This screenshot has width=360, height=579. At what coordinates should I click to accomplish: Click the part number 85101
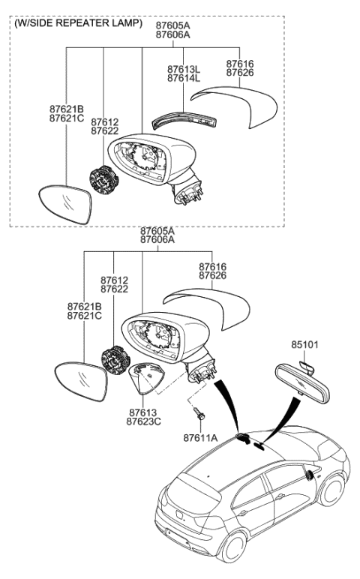pyautogui.click(x=304, y=344)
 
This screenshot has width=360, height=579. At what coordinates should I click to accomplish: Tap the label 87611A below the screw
pyautogui.click(x=200, y=438)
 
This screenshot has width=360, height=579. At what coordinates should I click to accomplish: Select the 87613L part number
pyautogui.click(x=184, y=69)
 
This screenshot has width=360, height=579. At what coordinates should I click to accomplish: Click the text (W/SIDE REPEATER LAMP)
pyautogui.click(x=78, y=23)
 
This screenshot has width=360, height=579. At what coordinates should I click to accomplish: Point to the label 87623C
pyautogui.click(x=144, y=421)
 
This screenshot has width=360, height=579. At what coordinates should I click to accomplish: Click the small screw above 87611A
pyautogui.click(x=199, y=413)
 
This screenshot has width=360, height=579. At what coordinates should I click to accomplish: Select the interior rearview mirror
pyautogui.click(x=302, y=383)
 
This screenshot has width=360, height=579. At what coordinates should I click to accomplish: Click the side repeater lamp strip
pyautogui.click(x=185, y=121)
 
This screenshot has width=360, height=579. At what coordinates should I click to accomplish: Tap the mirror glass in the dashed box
pyautogui.click(x=65, y=203)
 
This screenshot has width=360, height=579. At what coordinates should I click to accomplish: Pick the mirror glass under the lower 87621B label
pyautogui.click(x=81, y=381)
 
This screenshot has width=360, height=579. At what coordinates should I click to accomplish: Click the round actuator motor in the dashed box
pyautogui.click(x=104, y=180)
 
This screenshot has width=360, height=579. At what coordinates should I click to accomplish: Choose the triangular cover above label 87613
pyautogui.click(x=146, y=378)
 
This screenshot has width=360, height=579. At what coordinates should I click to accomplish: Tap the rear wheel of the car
pyautogui.click(x=233, y=547)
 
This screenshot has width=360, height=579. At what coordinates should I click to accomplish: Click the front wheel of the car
pyautogui.click(x=331, y=490)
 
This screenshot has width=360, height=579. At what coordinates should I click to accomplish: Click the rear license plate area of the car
pyautogui.click(x=179, y=516)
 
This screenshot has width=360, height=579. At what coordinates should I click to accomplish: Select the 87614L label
pyautogui.click(x=184, y=78)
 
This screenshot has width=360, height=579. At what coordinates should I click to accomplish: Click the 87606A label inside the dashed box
pyautogui.click(x=172, y=34)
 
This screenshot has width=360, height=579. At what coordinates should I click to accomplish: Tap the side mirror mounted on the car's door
pyautogui.click(x=309, y=475)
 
